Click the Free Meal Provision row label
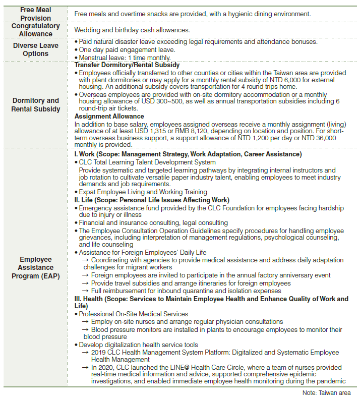point(36,14)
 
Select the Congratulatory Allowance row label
point(36,30)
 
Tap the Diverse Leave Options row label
point(36,49)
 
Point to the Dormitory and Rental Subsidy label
point(36,104)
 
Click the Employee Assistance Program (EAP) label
point(36,267)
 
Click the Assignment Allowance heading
point(109,116)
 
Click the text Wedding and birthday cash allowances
point(132,30)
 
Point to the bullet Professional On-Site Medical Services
point(133,314)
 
